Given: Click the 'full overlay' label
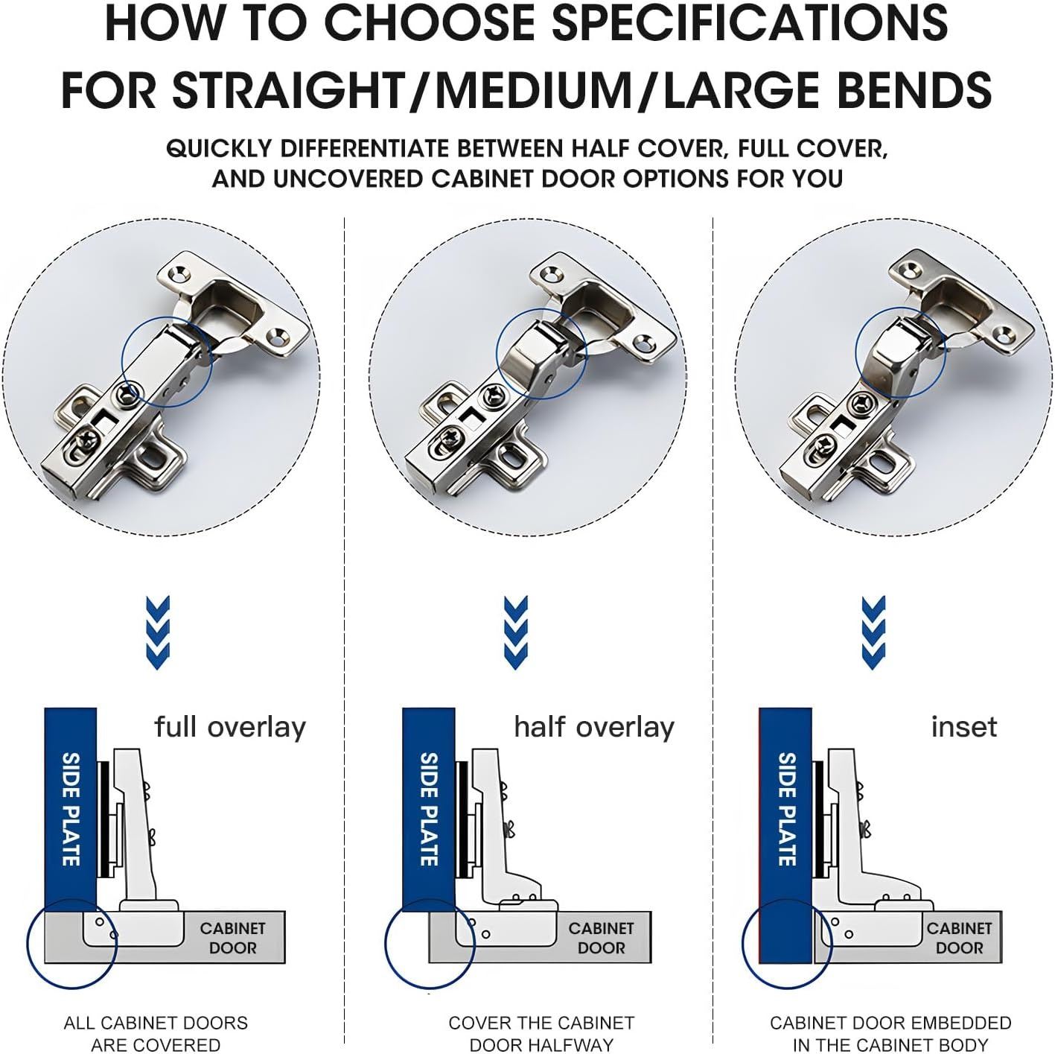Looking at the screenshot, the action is point(230,728).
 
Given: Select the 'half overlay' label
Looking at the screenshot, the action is point(594,728).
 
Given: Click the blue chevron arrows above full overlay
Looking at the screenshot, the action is point(159,632).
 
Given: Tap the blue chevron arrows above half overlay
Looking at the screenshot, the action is point(515,632).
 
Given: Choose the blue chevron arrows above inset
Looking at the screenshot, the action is point(873,632).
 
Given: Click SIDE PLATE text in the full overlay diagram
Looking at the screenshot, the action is point(71,810).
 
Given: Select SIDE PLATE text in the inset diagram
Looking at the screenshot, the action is point(787,810).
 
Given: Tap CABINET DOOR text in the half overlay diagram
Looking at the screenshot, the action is point(601,939).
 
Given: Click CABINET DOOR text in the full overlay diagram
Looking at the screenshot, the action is point(233,939).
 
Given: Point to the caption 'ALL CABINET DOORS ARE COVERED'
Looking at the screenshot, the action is point(156,1033).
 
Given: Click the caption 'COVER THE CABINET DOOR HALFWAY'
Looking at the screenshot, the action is point(541,1033).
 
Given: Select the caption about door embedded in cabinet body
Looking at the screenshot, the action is point(890,1033).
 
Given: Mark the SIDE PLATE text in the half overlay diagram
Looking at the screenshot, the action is point(429,810).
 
